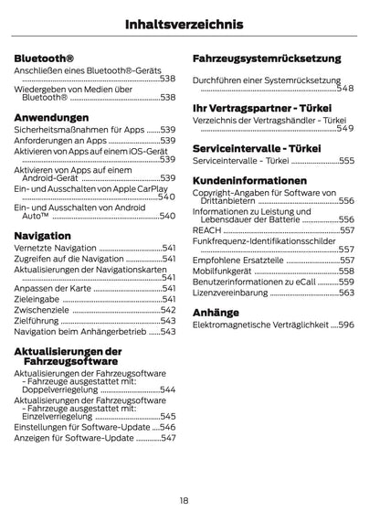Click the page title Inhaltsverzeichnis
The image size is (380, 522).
(189, 24)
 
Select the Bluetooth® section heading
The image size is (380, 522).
(44, 59)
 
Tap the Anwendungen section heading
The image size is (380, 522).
(52, 117)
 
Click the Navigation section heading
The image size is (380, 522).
(43, 236)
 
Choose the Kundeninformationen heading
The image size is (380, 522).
(246, 181)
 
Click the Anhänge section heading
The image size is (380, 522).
(216, 312)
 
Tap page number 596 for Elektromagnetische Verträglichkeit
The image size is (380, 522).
(346, 325)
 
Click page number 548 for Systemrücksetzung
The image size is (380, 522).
(345, 89)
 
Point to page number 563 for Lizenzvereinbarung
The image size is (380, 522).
(346, 293)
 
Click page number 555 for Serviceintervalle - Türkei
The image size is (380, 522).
(346, 160)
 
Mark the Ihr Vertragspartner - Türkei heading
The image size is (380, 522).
(262, 107)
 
